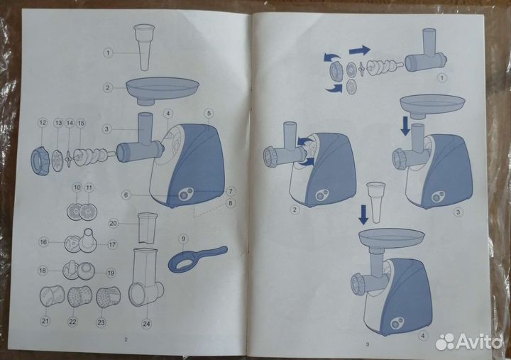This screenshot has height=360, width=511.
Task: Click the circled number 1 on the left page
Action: click(x=108, y=53)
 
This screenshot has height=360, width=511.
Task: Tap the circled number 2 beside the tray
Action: click(x=108, y=88)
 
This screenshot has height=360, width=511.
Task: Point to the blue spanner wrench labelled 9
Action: click(x=196, y=258)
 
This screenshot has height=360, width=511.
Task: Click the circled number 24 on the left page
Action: click(x=146, y=324)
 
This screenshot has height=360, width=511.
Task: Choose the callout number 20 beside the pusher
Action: click(x=114, y=222)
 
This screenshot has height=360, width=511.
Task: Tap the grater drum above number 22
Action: click(x=75, y=297)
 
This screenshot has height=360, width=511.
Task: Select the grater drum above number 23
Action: click(x=108, y=297)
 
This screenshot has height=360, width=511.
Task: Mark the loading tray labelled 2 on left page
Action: click(x=162, y=90)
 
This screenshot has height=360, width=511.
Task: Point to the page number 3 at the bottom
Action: click(x=368, y=344)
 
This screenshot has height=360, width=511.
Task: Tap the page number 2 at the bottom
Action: click(x=126, y=340)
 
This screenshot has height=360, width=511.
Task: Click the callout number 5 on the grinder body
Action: click(x=209, y=113)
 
